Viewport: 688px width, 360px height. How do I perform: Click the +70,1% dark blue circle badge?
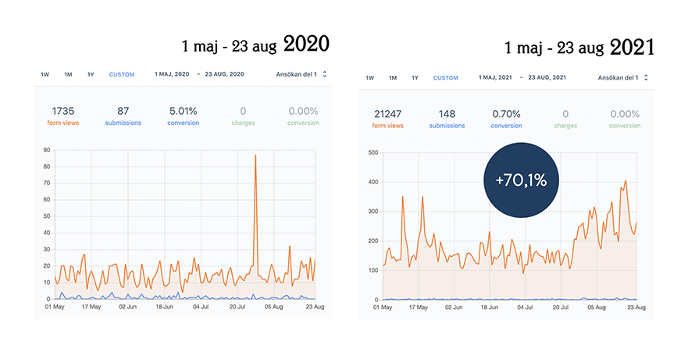pos(521,180)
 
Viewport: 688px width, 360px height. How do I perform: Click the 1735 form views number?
pos(63,111)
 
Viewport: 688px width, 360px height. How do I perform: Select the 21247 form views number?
pos(388,114)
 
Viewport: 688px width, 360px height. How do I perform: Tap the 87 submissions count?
pos(123,111)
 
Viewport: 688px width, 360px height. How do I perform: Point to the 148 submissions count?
pos(447,114)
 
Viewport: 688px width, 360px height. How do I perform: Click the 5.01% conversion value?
pos(183,111)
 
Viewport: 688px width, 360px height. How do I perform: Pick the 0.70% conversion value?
pos(506,114)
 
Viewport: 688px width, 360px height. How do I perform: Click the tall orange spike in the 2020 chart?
pos(255,155)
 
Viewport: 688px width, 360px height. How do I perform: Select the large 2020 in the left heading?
pos(306,44)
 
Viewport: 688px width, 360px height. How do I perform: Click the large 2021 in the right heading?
pos(632,47)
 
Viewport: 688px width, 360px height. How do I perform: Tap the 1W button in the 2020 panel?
pos(45,75)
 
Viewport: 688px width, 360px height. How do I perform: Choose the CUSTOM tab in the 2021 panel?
pos(445,78)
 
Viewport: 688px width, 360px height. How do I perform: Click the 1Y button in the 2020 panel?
pos(91,75)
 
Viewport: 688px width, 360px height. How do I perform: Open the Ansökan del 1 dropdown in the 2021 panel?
pos(622,78)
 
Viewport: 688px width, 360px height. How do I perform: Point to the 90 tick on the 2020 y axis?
pos(47,150)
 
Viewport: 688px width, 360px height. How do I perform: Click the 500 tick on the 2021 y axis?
pos(373,153)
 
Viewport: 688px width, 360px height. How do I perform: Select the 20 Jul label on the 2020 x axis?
pos(237,307)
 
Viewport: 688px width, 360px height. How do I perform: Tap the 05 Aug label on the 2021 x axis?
pos(597,308)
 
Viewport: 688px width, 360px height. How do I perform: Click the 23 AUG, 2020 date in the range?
pos(224,74)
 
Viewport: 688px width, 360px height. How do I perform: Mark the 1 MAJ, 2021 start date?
pos(495,77)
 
